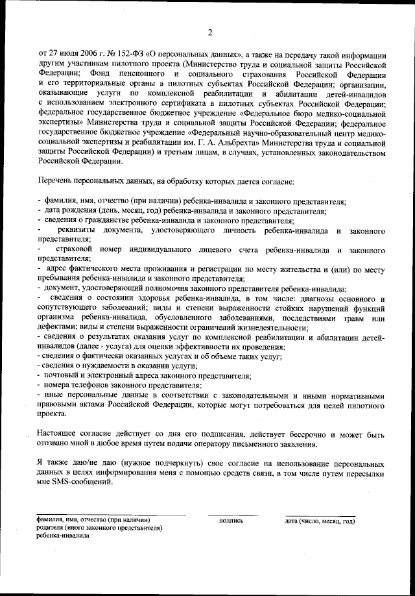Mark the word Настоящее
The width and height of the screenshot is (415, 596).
(x=59, y=434)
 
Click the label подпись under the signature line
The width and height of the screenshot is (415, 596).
(x=231, y=521)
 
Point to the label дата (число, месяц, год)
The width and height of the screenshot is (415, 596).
(x=320, y=521)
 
